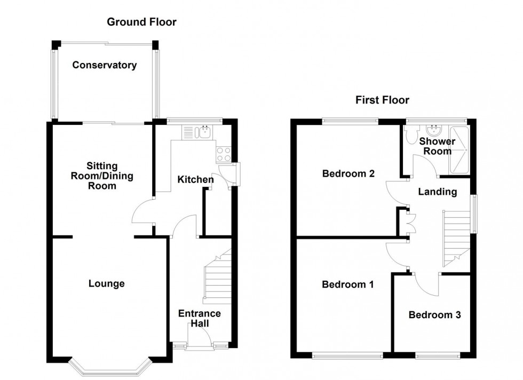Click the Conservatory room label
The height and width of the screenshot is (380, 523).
[x=105, y=66]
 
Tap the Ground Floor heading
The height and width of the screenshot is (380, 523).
[x=141, y=22]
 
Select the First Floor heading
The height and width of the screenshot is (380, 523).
[x=382, y=100]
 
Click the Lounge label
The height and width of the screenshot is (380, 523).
[x=107, y=283]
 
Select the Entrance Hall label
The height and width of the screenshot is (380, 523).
[x=199, y=318]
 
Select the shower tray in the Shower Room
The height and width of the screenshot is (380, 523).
[x=459, y=151]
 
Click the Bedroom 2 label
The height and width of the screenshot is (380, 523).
[x=348, y=173]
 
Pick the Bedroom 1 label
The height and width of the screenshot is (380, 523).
[x=348, y=284]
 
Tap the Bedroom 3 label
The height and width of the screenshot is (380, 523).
[x=434, y=315]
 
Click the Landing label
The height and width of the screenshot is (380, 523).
[x=437, y=192]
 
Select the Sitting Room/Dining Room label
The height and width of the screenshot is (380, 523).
[x=102, y=176]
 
